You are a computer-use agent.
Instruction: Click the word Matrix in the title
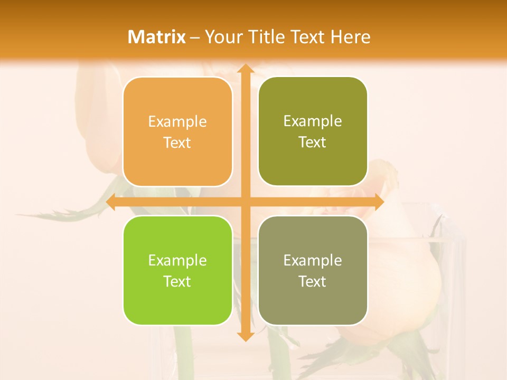pyautogui.click(x=157, y=37)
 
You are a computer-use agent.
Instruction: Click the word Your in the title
pyautogui.click(x=222, y=37)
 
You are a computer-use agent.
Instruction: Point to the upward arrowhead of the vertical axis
pyautogui.click(x=245, y=69)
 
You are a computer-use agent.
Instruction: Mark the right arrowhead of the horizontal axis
pyautogui.click(x=378, y=202)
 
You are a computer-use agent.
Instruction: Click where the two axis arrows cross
pyautogui.click(x=245, y=202)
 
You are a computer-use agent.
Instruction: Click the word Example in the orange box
pyautogui.click(x=177, y=122)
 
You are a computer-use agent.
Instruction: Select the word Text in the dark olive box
pyautogui.click(x=313, y=142)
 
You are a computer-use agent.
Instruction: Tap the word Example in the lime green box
pyautogui.click(x=177, y=260)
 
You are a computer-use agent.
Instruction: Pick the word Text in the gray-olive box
pyautogui.click(x=313, y=281)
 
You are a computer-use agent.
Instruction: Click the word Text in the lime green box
pyautogui.click(x=177, y=281)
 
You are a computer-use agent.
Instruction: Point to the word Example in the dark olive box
pyautogui.click(x=313, y=121)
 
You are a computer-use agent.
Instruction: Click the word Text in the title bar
pyautogui.click(x=308, y=37)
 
